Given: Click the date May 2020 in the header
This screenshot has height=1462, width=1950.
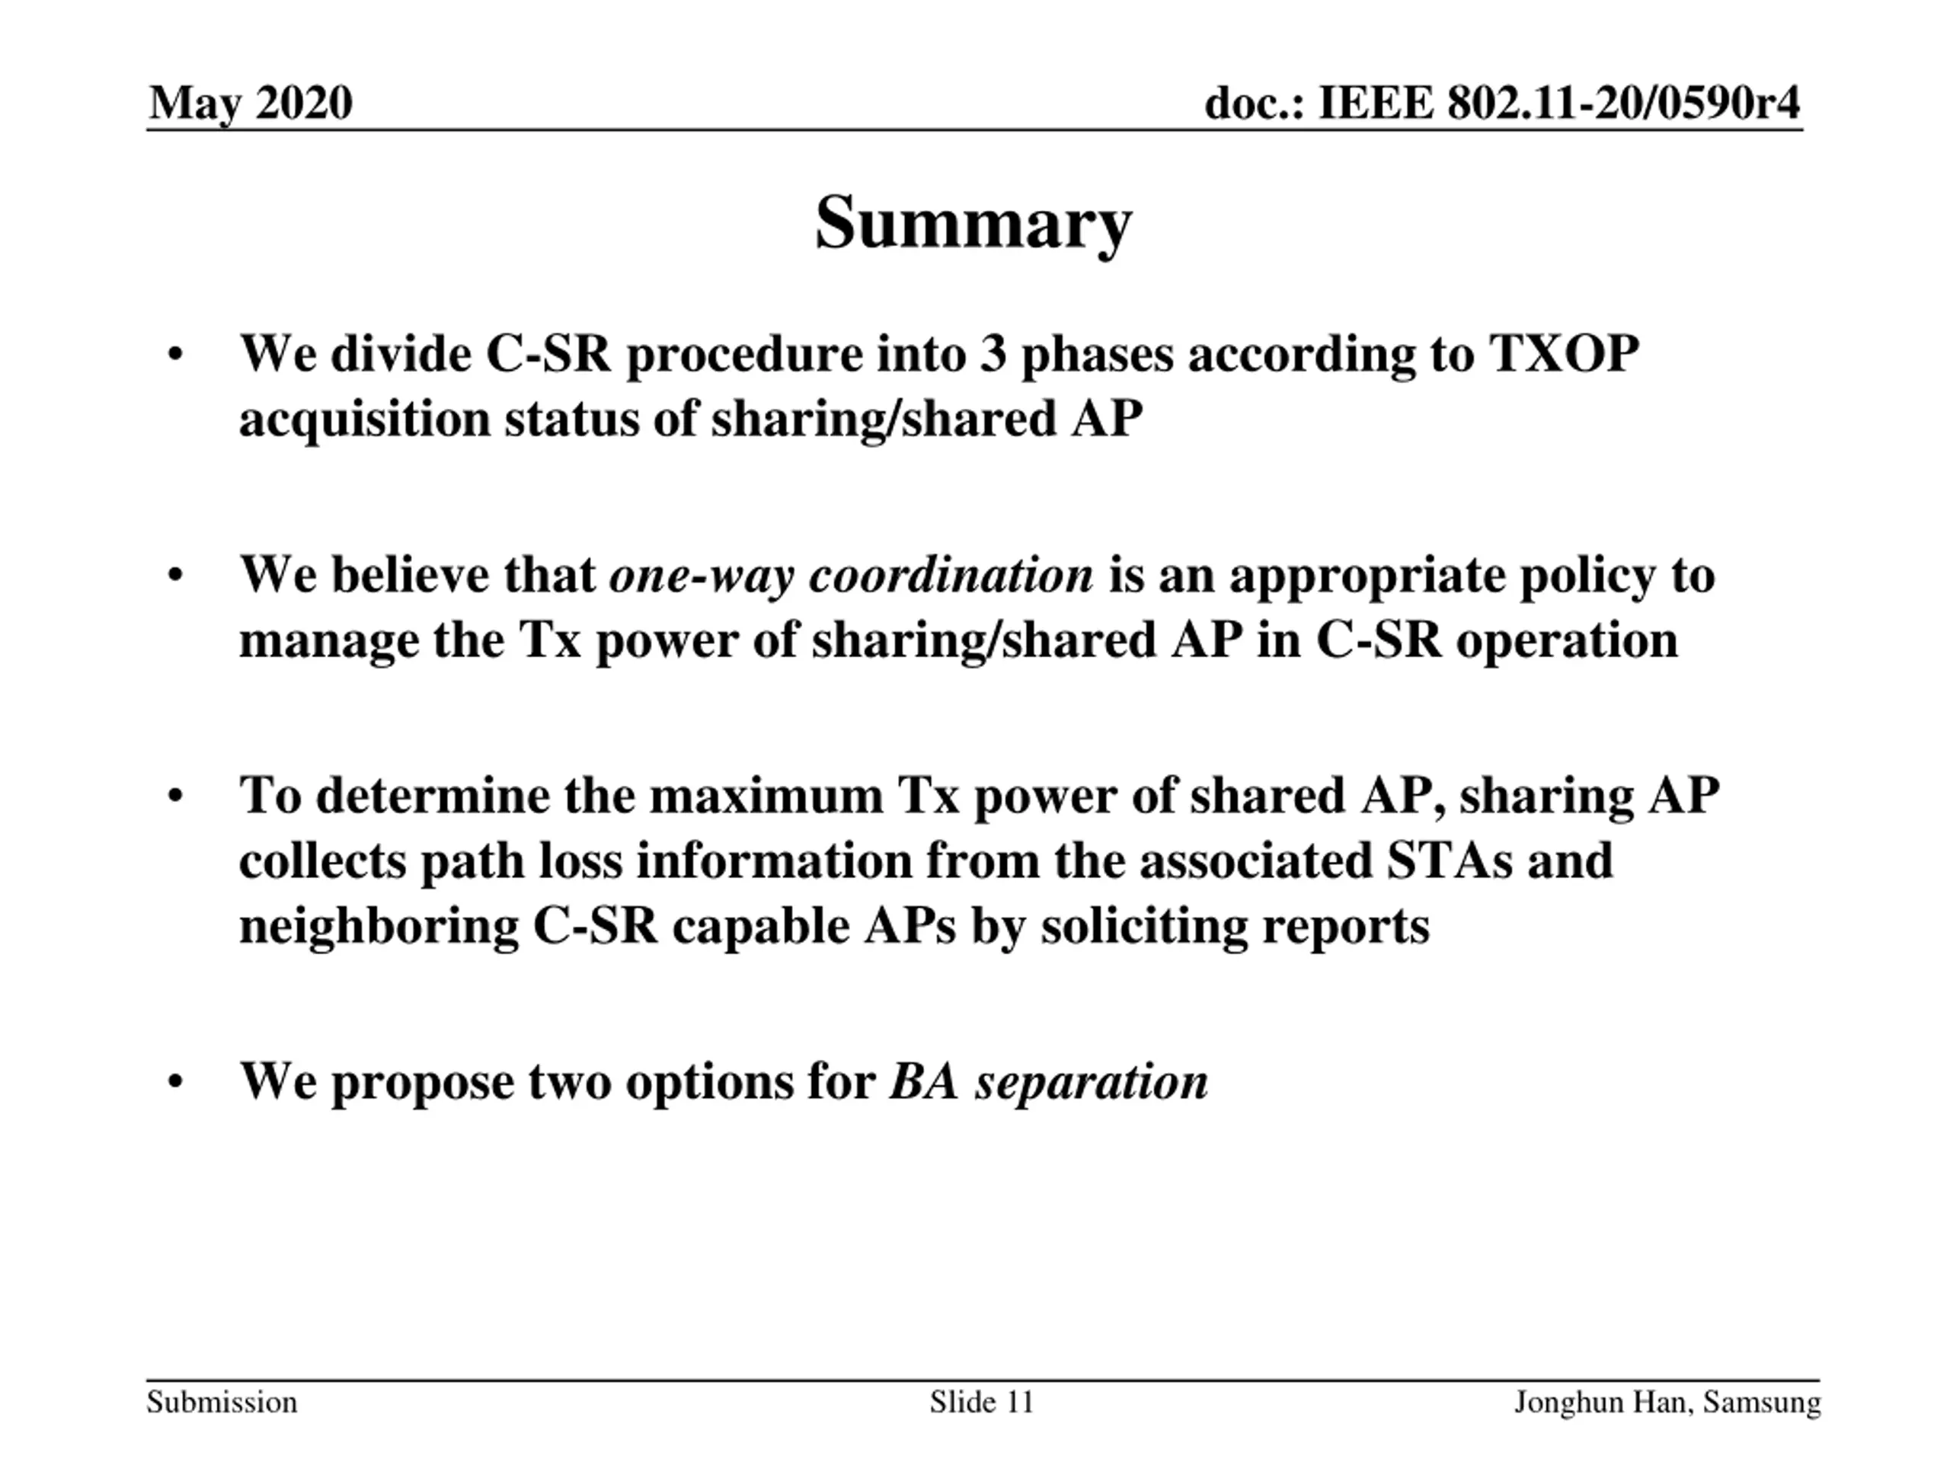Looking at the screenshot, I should tap(251, 102).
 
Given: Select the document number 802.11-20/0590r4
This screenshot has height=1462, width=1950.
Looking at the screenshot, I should tap(1624, 102).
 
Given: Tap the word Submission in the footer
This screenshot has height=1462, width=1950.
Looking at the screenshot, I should tap(222, 1401).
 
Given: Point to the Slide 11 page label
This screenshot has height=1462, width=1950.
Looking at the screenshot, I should tap(981, 1401).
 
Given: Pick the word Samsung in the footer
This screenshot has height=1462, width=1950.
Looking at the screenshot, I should tap(1761, 1401).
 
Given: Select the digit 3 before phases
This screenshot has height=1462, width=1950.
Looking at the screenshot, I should tap(993, 354).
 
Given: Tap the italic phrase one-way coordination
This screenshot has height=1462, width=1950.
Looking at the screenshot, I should tap(851, 576).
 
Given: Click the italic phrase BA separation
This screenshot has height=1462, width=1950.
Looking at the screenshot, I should tap(1048, 1081).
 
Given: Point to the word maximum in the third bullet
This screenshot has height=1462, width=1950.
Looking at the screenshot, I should tap(766, 796).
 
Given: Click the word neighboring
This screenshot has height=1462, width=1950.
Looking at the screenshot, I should tap(379, 926).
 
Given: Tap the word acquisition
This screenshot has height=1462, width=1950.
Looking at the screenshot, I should tap(364, 419).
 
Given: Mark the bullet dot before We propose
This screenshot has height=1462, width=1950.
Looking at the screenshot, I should tap(175, 1081).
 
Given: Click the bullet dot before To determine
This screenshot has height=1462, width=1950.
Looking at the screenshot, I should tap(175, 796).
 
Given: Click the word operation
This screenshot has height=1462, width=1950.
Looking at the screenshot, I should tap(1567, 640).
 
